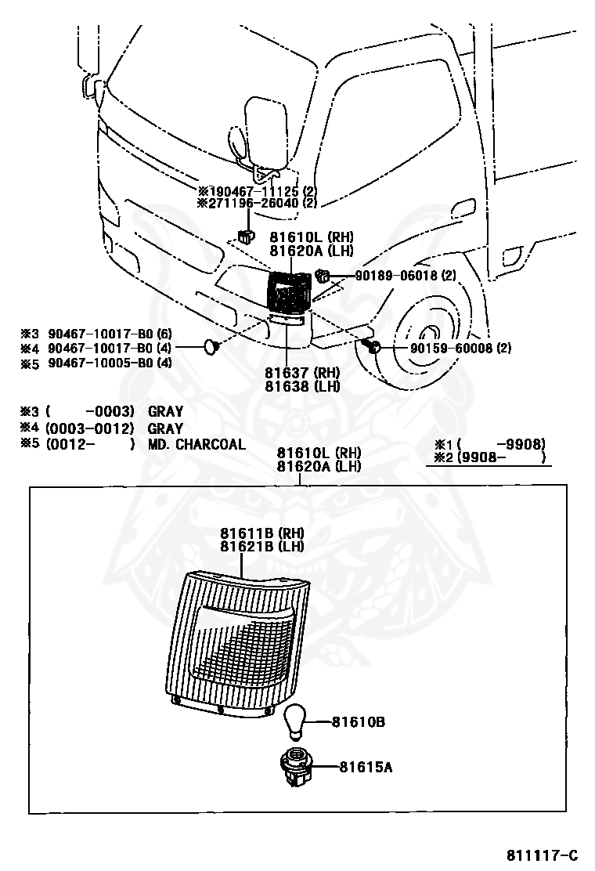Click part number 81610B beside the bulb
click(x=358, y=722)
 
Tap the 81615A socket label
click(x=366, y=767)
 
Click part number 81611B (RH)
click(x=262, y=533)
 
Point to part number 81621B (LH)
click(x=262, y=547)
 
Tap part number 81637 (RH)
click(x=302, y=373)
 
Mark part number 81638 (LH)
click(x=302, y=386)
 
